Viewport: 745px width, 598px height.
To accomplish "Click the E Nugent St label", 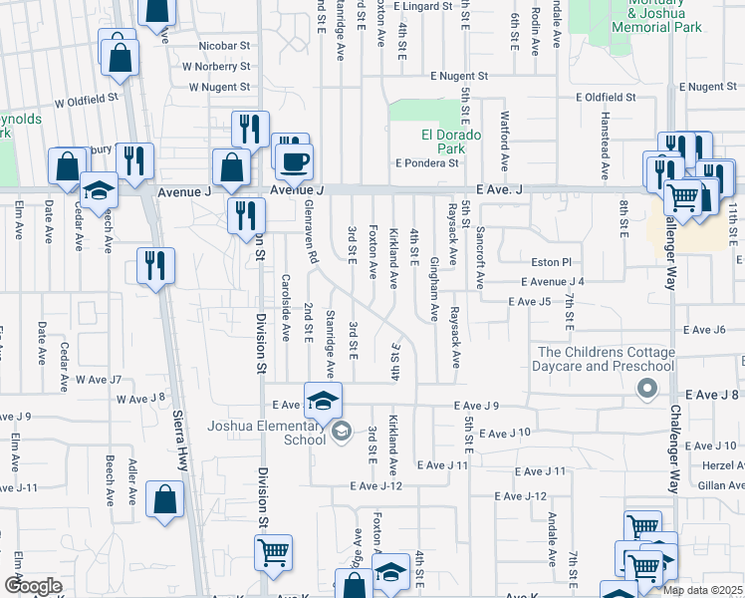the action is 459,76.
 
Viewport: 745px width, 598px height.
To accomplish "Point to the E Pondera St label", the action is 427,163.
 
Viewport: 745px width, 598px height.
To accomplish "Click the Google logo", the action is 33,586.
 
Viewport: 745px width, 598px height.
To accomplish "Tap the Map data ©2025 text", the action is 702,590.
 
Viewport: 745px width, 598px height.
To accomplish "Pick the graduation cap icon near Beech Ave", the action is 99,189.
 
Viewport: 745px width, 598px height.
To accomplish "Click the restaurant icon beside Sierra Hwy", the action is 154,265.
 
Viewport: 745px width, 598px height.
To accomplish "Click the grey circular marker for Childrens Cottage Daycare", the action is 649,390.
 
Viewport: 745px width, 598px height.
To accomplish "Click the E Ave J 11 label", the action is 442,465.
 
